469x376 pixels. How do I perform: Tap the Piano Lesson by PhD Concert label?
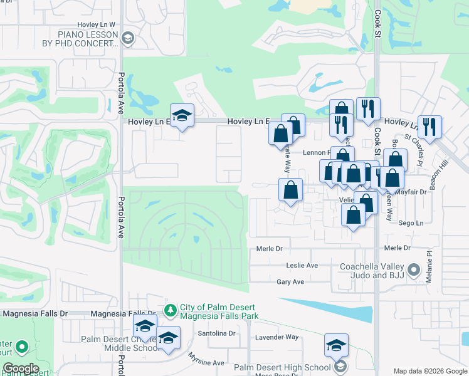[x=88, y=39]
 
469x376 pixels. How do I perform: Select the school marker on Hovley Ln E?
[x=182, y=116]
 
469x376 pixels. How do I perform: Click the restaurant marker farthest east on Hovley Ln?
[x=430, y=126]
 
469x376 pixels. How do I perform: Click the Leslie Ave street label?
[x=302, y=265]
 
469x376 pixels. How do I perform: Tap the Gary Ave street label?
[x=290, y=282]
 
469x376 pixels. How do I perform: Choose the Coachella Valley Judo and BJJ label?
[x=372, y=271]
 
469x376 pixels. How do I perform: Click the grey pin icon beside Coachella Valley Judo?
[x=414, y=271]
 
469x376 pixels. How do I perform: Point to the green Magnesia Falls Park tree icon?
[x=170, y=310]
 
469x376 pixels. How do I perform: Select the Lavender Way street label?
[x=277, y=337]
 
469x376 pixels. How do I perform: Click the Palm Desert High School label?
[x=282, y=367]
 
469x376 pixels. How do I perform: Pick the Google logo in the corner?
[x=20, y=369]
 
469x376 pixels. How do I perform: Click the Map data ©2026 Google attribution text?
[x=429, y=372]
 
